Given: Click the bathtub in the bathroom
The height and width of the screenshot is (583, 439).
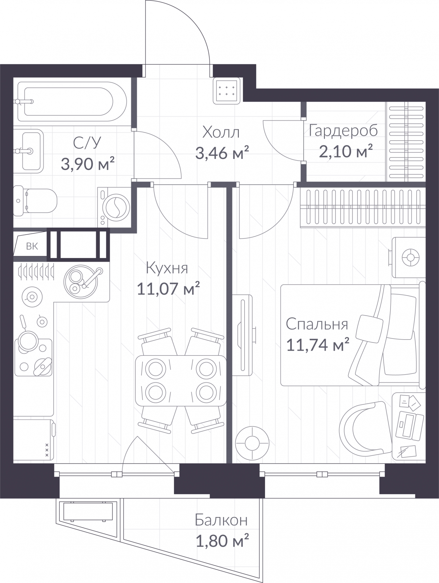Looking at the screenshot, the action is tap(72, 101).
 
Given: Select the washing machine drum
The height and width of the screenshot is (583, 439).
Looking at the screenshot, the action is tap(116, 207).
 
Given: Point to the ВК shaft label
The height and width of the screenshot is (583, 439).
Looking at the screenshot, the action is tap(32, 246).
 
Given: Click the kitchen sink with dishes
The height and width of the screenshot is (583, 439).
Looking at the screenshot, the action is tap(81, 281).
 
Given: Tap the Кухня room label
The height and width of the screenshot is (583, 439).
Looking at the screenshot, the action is tap(167, 268).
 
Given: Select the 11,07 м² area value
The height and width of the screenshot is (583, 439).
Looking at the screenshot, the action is tap(168, 289).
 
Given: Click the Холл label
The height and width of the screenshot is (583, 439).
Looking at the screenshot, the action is tap(221, 132).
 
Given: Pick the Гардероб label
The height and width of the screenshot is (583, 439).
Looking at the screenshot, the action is tap(343, 131).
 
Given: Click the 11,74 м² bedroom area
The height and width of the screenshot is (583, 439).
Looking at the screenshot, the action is tap(318, 345).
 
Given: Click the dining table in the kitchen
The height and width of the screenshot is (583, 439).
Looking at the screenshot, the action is tap(181, 381).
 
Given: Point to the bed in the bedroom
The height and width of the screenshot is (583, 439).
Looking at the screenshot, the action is tap(353, 335).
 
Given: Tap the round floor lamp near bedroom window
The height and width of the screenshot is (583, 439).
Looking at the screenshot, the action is tap(252, 443).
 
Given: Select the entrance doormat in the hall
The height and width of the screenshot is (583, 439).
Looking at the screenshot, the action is tap(227, 91).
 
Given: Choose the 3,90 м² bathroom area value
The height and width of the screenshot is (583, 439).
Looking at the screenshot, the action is tap(88, 164).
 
